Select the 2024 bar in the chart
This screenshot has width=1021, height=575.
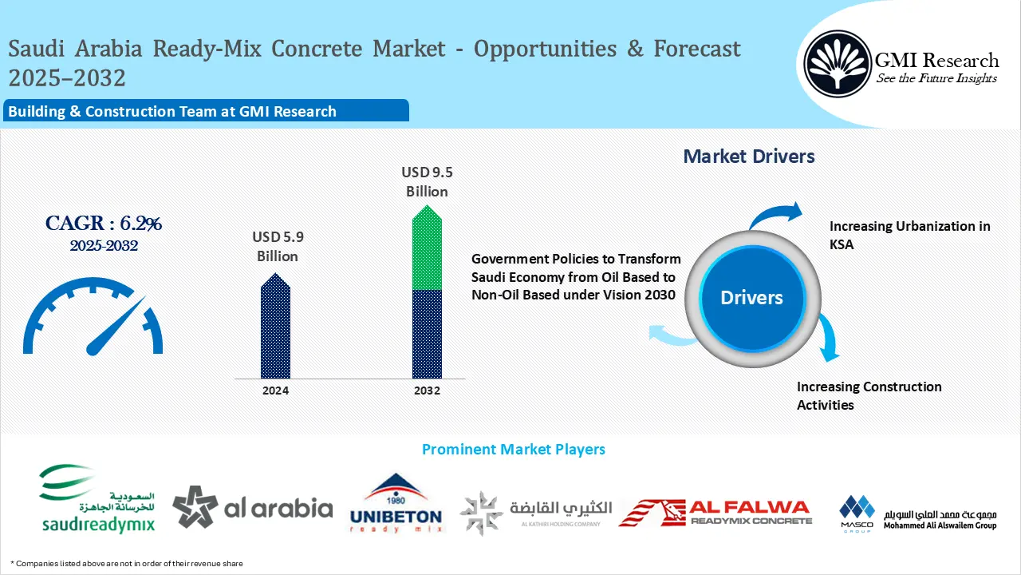[275, 327]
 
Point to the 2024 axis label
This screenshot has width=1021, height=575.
[275, 391]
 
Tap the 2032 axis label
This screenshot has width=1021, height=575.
[427, 391]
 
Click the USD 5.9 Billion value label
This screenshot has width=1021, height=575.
[278, 247]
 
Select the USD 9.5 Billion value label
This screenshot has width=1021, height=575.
[427, 182]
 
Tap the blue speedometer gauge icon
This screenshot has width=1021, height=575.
[93, 316]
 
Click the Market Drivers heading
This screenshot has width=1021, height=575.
[748, 157]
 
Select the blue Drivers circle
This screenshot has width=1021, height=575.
[751, 298]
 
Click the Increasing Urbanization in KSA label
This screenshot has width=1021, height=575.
[909, 236]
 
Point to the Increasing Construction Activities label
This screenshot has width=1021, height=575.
[869, 395]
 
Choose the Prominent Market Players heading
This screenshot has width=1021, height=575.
[513, 450]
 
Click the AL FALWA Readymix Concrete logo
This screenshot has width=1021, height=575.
[715, 512]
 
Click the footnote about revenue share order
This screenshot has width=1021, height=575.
[127, 564]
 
